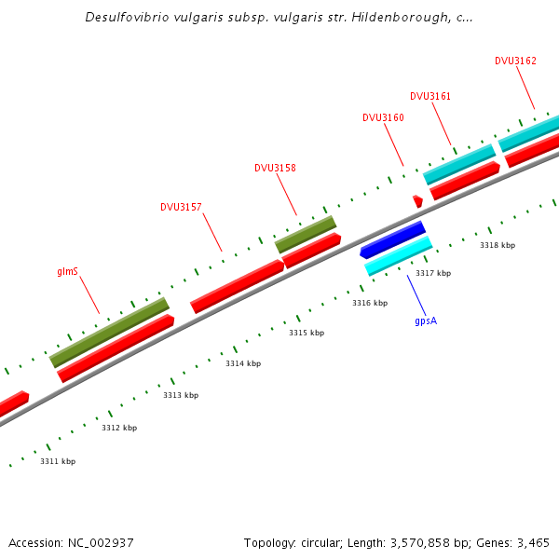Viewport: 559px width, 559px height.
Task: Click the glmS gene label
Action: tap(67, 272)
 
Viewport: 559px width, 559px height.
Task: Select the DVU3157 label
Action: tap(181, 207)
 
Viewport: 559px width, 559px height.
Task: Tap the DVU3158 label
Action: tap(275, 168)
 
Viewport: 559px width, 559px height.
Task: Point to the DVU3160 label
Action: tap(383, 117)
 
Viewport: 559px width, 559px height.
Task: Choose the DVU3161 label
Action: tap(430, 96)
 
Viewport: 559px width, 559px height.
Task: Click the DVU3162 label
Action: tap(515, 61)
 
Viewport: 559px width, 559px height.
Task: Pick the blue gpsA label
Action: tap(426, 320)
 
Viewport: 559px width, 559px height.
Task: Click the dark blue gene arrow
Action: tap(393, 239)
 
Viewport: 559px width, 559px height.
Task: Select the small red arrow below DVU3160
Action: tap(418, 200)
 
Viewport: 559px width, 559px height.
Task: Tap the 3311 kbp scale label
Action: tap(58, 461)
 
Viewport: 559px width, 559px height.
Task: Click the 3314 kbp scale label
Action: tap(243, 363)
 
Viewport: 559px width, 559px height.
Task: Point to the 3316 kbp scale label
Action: tap(370, 303)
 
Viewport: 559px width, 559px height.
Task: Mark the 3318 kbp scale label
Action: tap(498, 245)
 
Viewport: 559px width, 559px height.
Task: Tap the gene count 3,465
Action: tap(531, 542)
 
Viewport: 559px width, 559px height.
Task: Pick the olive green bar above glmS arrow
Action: tap(109, 332)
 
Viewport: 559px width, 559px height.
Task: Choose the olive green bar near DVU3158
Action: tap(306, 234)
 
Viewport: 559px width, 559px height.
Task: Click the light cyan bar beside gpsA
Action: tap(399, 255)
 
